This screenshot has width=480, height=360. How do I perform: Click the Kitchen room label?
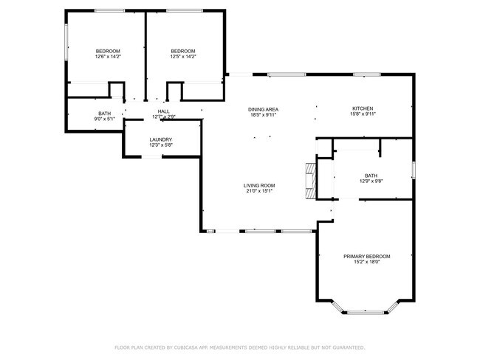[x=367, y=108]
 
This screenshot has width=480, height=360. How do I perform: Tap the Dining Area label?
[x=263, y=109]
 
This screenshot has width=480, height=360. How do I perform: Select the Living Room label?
[x=260, y=185]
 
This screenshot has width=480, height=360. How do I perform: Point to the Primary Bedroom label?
[x=367, y=256]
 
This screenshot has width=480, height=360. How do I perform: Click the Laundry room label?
[x=160, y=139]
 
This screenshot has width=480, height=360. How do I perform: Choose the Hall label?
[x=163, y=111]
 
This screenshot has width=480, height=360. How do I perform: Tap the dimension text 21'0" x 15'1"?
[x=260, y=191]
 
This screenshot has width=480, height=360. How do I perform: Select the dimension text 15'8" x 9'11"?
[x=367, y=114]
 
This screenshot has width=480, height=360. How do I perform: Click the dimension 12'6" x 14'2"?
[x=108, y=56]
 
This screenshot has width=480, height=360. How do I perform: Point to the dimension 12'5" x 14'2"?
[x=182, y=56]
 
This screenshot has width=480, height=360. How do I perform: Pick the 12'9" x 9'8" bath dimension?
[x=371, y=181]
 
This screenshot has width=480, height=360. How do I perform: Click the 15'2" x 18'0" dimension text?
[x=367, y=262]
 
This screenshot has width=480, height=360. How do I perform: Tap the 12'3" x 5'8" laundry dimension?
[x=160, y=145]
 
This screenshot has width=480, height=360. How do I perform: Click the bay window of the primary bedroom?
[x=368, y=311]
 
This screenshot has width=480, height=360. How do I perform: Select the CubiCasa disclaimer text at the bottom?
[x=239, y=347]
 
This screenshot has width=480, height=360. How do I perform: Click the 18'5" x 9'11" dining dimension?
[x=263, y=115]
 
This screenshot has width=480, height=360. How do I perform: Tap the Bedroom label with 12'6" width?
[x=108, y=50]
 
